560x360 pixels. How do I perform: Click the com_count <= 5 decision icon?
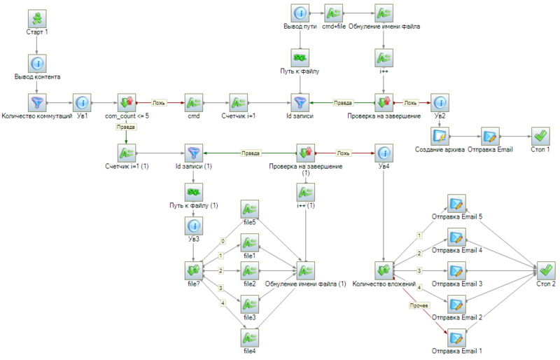click(x=126, y=102)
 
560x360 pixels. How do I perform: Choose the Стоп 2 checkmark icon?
click(x=546, y=270)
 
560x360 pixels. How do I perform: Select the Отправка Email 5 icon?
click(x=456, y=204)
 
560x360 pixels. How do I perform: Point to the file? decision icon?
click(x=194, y=270)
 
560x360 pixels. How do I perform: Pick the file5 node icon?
click(x=250, y=209)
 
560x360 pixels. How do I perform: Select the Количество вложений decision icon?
click(x=384, y=270)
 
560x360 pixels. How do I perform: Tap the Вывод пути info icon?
click(x=300, y=13)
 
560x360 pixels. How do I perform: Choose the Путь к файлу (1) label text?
click(x=194, y=205)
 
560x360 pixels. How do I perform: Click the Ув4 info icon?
click(x=384, y=152)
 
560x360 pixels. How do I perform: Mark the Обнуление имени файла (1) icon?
click(x=306, y=270)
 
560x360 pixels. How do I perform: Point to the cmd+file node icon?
click(x=333, y=13)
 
